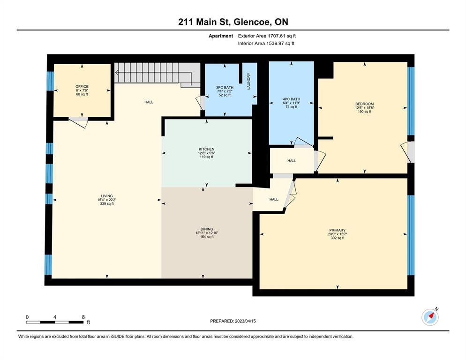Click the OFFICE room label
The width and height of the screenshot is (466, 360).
pyautogui.click(x=82, y=87)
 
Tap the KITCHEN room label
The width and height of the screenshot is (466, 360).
pyautogui.click(x=207, y=149)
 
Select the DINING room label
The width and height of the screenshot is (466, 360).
pyautogui.click(x=207, y=229)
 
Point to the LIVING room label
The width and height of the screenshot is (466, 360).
pyautogui.click(x=107, y=196)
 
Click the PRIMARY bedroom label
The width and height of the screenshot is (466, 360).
pyautogui.click(x=338, y=230)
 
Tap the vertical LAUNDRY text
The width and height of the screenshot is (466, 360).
pyautogui.click(x=249, y=81)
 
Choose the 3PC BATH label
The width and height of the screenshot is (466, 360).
pyautogui.click(x=225, y=87)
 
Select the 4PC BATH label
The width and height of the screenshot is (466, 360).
pyautogui.click(x=292, y=99)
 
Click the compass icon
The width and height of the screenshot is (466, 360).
pyautogui.click(x=430, y=317)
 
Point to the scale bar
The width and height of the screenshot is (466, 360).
pyautogui.click(x=55, y=322)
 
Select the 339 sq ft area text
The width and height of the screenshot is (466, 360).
pyautogui.click(x=107, y=204)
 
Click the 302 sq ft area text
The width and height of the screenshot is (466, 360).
pyautogui.click(x=338, y=238)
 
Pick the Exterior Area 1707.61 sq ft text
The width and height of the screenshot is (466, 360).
pyautogui.click(x=267, y=36)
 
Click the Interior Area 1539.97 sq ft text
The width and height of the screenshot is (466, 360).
pyautogui.click(x=266, y=44)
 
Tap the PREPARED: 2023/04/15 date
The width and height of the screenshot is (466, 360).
pyautogui.click(x=233, y=321)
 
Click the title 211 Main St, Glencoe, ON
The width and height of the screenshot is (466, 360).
pyautogui.click(x=233, y=22)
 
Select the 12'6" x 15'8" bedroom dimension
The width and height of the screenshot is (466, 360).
pyautogui.click(x=364, y=108)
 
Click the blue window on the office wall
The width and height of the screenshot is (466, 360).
pyautogui.click(x=50, y=81)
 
